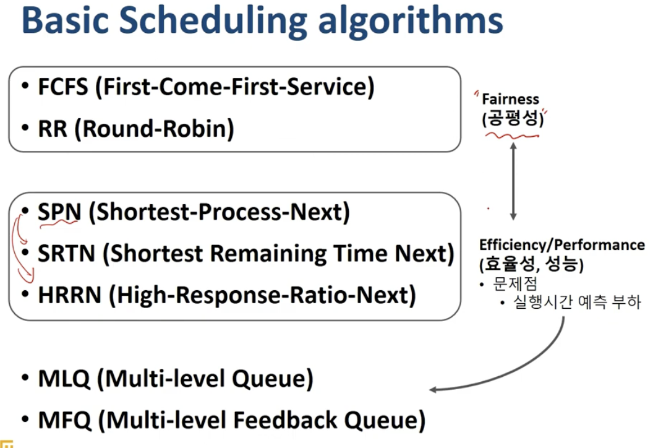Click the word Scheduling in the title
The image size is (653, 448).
213,21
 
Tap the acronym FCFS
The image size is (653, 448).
63,87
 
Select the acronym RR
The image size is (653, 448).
53,128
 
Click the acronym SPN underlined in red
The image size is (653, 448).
59,212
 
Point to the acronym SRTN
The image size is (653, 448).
67,253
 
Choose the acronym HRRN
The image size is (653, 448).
69,295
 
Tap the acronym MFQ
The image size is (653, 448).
64,420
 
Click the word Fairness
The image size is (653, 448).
510,99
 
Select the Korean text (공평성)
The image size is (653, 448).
513,118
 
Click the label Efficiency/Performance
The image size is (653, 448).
562,244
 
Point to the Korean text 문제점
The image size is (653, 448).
514,284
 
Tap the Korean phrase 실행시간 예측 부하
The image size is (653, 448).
577,302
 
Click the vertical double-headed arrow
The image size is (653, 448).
513,181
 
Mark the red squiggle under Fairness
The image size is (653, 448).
512,136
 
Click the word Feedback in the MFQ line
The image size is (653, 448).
285,420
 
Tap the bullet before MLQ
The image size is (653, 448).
25,378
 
